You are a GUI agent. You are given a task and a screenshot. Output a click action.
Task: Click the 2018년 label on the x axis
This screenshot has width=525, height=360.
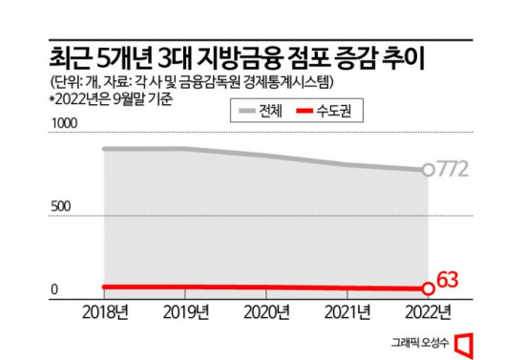[x=104, y=312]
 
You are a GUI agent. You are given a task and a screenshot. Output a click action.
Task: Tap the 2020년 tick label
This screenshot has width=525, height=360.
[x=268, y=312]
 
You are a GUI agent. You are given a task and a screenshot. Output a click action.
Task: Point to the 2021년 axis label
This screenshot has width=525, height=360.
[x=349, y=312]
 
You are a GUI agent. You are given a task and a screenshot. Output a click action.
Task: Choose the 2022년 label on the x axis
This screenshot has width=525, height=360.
[x=430, y=312]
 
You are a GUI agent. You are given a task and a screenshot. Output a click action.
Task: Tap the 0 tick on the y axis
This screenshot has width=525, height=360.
[x=55, y=289]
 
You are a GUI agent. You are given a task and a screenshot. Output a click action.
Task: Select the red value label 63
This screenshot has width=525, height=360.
[x=450, y=280]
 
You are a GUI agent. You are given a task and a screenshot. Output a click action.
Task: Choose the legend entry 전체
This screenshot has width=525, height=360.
[x=262, y=112]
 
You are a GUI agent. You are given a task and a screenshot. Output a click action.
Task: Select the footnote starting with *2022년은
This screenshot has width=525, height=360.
[x=107, y=97]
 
